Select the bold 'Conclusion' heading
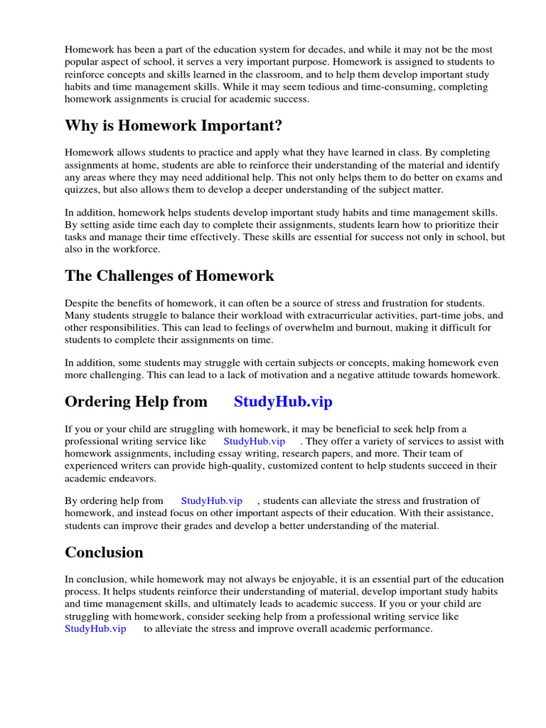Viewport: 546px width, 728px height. tap(104, 552)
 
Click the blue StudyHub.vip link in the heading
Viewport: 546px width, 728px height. tap(283, 402)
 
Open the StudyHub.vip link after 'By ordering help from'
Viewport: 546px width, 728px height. tap(212, 501)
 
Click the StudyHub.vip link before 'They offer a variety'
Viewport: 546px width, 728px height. tap(254, 441)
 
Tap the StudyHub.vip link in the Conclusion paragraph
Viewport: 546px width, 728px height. tap(95, 629)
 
